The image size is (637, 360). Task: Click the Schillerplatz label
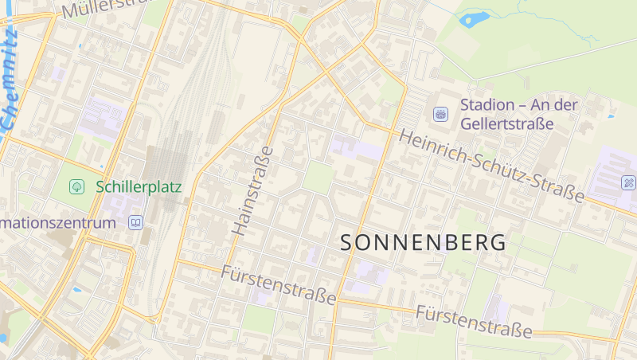coord(139,187)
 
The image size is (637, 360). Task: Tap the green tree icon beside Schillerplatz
coord(76,187)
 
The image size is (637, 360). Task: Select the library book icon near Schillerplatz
coord(135,222)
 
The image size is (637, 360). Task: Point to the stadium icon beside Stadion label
coord(440,114)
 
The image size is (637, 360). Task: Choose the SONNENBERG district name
coord(423,243)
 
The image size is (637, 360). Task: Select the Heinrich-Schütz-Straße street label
coord(493,164)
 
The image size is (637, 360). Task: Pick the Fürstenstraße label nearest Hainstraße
coord(279,284)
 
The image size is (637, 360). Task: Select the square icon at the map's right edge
coord(629,182)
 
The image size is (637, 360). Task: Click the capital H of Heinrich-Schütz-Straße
coord(406,136)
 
